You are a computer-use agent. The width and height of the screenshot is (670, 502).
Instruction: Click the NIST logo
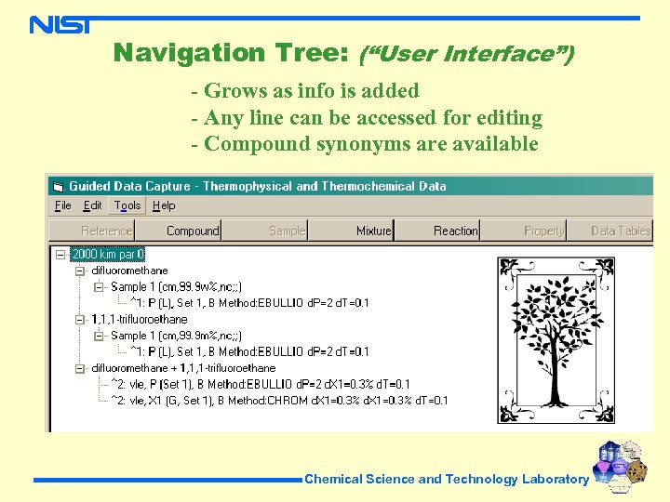point(60,23)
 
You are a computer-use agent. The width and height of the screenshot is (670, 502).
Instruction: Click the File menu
point(63,205)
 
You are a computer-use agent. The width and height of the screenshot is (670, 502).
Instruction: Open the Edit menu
point(93,205)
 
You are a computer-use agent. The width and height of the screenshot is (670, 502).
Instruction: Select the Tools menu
point(127,205)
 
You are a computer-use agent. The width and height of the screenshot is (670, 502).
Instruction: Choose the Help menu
point(164,205)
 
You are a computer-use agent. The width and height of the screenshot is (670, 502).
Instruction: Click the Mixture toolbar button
point(374,231)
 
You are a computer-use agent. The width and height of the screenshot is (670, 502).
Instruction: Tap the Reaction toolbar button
point(455,231)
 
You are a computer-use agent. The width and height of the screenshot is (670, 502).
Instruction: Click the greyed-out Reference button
point(106,231)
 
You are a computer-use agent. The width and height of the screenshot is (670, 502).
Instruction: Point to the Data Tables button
point(621,231)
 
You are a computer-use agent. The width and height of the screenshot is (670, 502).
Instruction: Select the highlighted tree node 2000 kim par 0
point(108,254)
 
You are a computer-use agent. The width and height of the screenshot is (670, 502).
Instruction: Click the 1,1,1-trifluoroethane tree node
point(139,319)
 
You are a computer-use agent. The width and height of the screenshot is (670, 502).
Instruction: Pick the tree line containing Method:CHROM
point(279,401)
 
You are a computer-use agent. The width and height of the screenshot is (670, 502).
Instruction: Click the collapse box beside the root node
point(60,254)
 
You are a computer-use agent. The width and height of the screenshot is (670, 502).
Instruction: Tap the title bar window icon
point(58,186)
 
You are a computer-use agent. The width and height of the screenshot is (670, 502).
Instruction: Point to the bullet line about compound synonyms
point(365,144)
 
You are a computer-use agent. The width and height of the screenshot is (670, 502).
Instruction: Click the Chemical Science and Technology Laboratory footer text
point(447,480)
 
